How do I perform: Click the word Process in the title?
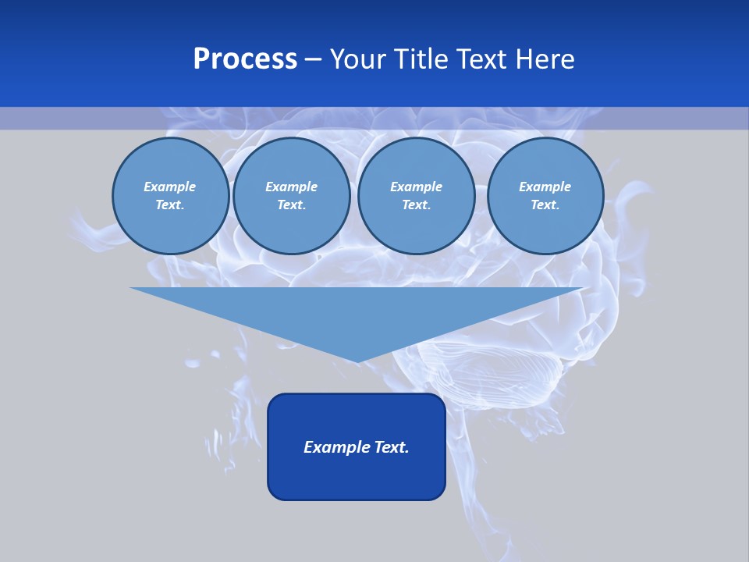tap(245, 59)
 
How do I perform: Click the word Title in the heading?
tap(420, 59)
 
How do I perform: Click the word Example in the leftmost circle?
tap(170, 187)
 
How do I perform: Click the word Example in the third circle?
tap(416, 187)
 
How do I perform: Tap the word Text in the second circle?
tap(290, 205)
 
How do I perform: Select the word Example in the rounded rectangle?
tap(334, 447)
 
